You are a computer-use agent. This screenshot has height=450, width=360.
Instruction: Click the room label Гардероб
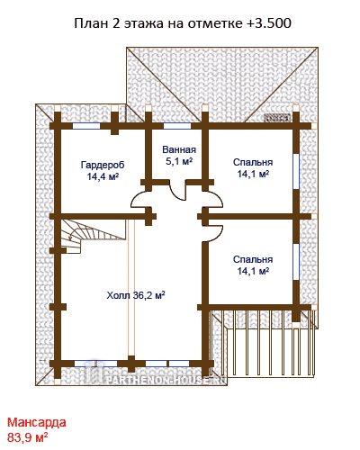[x=103, y=165]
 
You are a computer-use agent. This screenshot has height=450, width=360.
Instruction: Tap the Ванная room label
[x=179, y=149]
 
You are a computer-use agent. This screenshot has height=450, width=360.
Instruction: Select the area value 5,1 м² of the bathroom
[x=179, y=161]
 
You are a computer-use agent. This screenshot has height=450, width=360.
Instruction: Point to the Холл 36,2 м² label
[x=136, y=295]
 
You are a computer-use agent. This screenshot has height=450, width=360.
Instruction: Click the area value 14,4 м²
[x=103, y=176]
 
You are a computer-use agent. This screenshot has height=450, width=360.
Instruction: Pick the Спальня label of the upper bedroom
[x=253, y=162]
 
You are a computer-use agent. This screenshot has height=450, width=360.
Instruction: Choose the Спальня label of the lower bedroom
[x=253, y=259]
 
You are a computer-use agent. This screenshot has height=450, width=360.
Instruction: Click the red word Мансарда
[x=37, y=422]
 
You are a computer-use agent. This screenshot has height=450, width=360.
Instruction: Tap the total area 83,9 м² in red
[x=28, y=437]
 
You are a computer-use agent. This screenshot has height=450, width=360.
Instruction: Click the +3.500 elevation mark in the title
[x=269, y=23]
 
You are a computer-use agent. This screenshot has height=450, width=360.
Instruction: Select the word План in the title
[x=91, y=23]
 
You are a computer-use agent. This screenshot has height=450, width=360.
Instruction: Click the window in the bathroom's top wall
[x=177, y=126]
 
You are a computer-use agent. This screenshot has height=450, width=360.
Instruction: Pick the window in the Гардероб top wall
[x=86, y=126]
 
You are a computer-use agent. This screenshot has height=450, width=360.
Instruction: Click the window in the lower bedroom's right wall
[x=296, y=262]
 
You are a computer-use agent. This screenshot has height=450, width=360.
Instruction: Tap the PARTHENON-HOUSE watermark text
[x=166, y=380]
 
